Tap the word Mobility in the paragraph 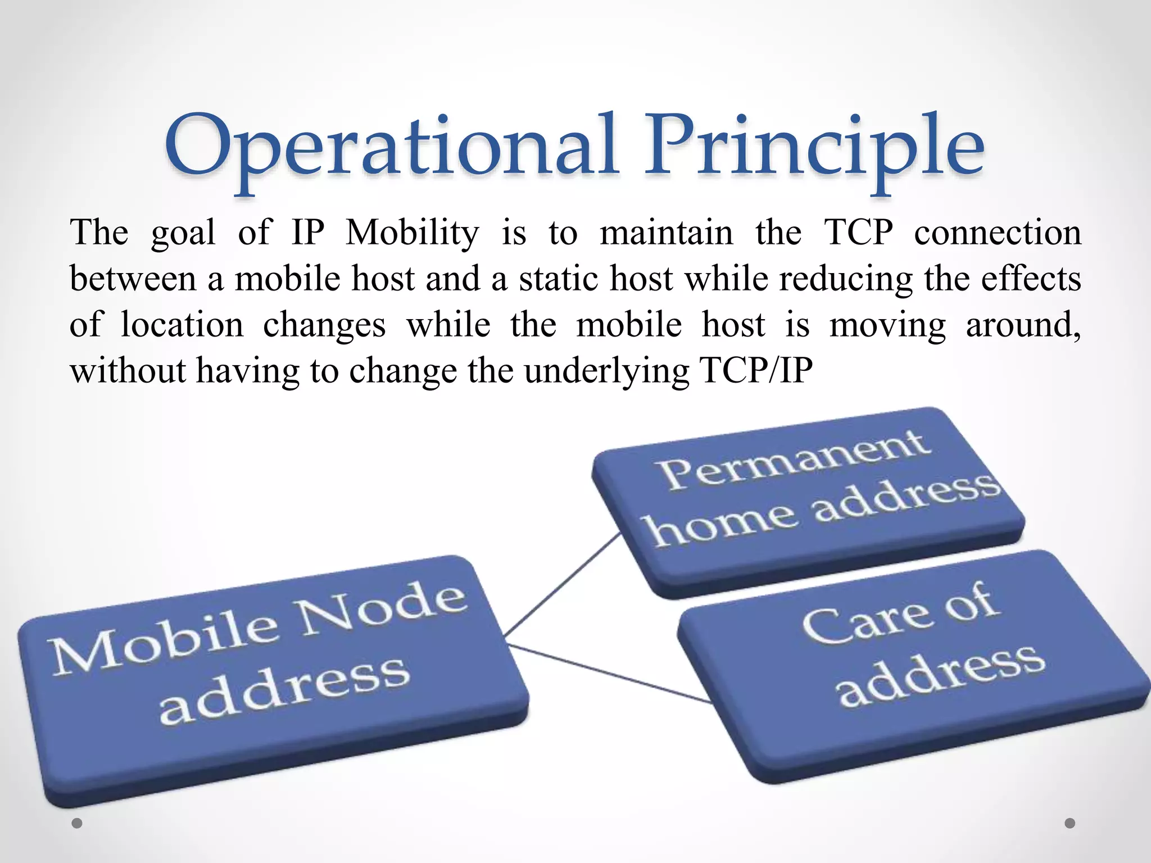412,233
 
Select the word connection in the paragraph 998,233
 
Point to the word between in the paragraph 133,279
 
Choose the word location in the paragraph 182,325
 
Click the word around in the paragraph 1022,325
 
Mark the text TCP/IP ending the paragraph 756,371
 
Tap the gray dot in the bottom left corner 77,823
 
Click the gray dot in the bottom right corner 1070,823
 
